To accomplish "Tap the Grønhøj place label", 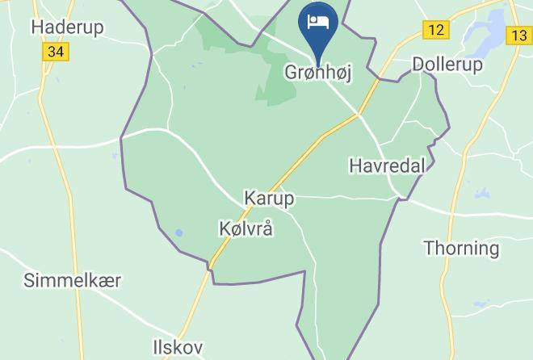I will [318, 73].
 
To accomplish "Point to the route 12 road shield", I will [436, 30].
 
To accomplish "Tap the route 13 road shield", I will [518, 36].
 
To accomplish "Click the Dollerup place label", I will [447, 64].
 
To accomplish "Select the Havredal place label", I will [387, 165].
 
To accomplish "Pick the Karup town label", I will [269, 198].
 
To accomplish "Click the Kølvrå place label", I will [246, 228].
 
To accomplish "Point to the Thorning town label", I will [461, 248].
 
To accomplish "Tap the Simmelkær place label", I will [73, 281].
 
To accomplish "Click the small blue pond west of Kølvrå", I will [178, 234].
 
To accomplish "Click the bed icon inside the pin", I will [318, 19].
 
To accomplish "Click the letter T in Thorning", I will [429, 248].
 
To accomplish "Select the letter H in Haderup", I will [36, 27].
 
